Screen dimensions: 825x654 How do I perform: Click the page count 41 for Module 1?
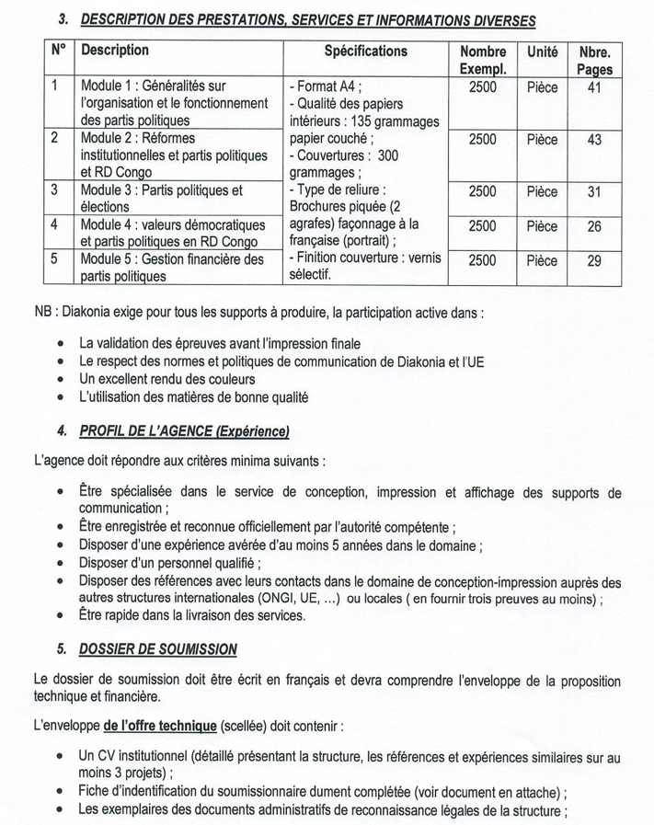[x=594, y=87]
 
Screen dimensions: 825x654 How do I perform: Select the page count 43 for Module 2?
[x=594, y=140]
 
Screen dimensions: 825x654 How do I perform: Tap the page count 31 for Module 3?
[x=594, y=191]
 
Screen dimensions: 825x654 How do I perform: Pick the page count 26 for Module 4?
[x=594, y=226]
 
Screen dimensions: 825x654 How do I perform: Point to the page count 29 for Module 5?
[x=594, y=260]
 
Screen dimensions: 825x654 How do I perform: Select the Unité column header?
[x=542, y=52]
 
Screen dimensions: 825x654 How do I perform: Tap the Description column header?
[x=114, y=52]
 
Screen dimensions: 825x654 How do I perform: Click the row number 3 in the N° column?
[x=55, y=190]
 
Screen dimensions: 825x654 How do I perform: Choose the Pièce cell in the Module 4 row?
[x=542, y=226]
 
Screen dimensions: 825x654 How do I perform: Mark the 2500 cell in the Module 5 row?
[x=482, y=260]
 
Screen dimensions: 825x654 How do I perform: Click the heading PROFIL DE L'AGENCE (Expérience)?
[x=184, y=430]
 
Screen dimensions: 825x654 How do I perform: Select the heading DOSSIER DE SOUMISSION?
[x=157, y=649]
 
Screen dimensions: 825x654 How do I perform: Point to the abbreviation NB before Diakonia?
[x=43, y=313]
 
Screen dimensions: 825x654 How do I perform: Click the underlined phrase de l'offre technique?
[x=159, y=726]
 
